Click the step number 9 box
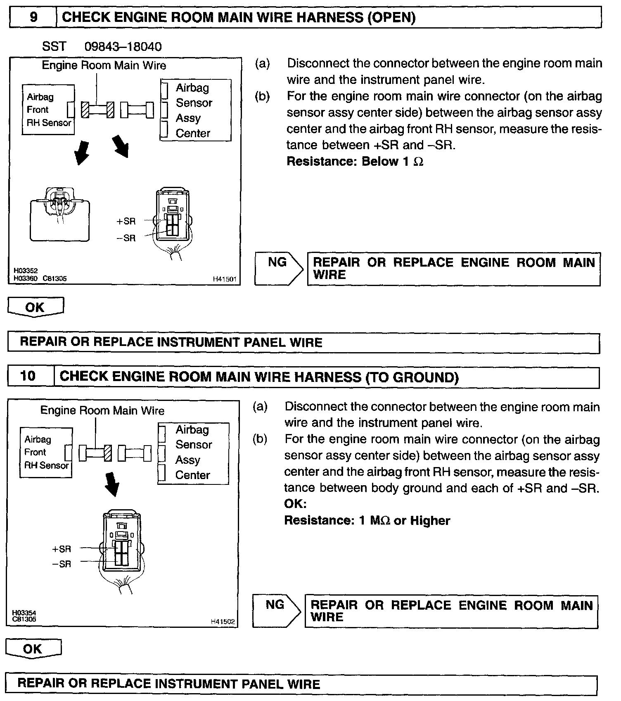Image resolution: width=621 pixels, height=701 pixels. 33,17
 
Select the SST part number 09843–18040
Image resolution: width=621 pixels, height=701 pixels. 123,46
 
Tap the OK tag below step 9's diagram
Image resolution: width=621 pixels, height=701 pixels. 36,307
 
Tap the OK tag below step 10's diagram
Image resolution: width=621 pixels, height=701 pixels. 33,649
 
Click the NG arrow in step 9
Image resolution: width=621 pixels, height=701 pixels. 279,269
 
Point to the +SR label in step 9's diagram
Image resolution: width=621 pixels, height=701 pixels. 126,221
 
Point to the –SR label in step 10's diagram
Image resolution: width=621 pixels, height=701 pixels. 62,564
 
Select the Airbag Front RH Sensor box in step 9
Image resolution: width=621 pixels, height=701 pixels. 48,110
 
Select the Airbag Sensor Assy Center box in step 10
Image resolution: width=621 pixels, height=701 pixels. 193,453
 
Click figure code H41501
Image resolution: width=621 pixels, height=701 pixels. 224,279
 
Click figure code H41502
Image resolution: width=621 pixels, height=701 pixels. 223,621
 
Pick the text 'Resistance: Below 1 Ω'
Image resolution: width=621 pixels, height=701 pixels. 355,161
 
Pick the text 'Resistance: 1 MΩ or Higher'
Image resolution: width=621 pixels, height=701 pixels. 367,520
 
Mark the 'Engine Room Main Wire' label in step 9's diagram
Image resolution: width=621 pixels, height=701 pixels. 104,65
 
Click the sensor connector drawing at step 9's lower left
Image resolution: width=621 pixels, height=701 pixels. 60,215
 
